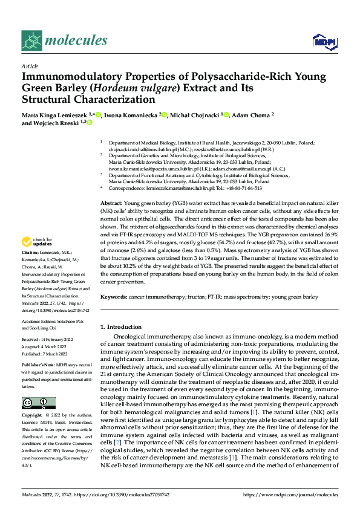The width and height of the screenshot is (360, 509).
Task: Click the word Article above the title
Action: tap(30, 66)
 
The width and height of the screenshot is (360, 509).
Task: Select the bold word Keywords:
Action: tap(114, 297)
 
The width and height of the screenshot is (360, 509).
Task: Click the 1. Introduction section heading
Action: tap(120, 327)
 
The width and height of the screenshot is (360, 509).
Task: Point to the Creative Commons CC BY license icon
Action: tap(38, 403)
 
